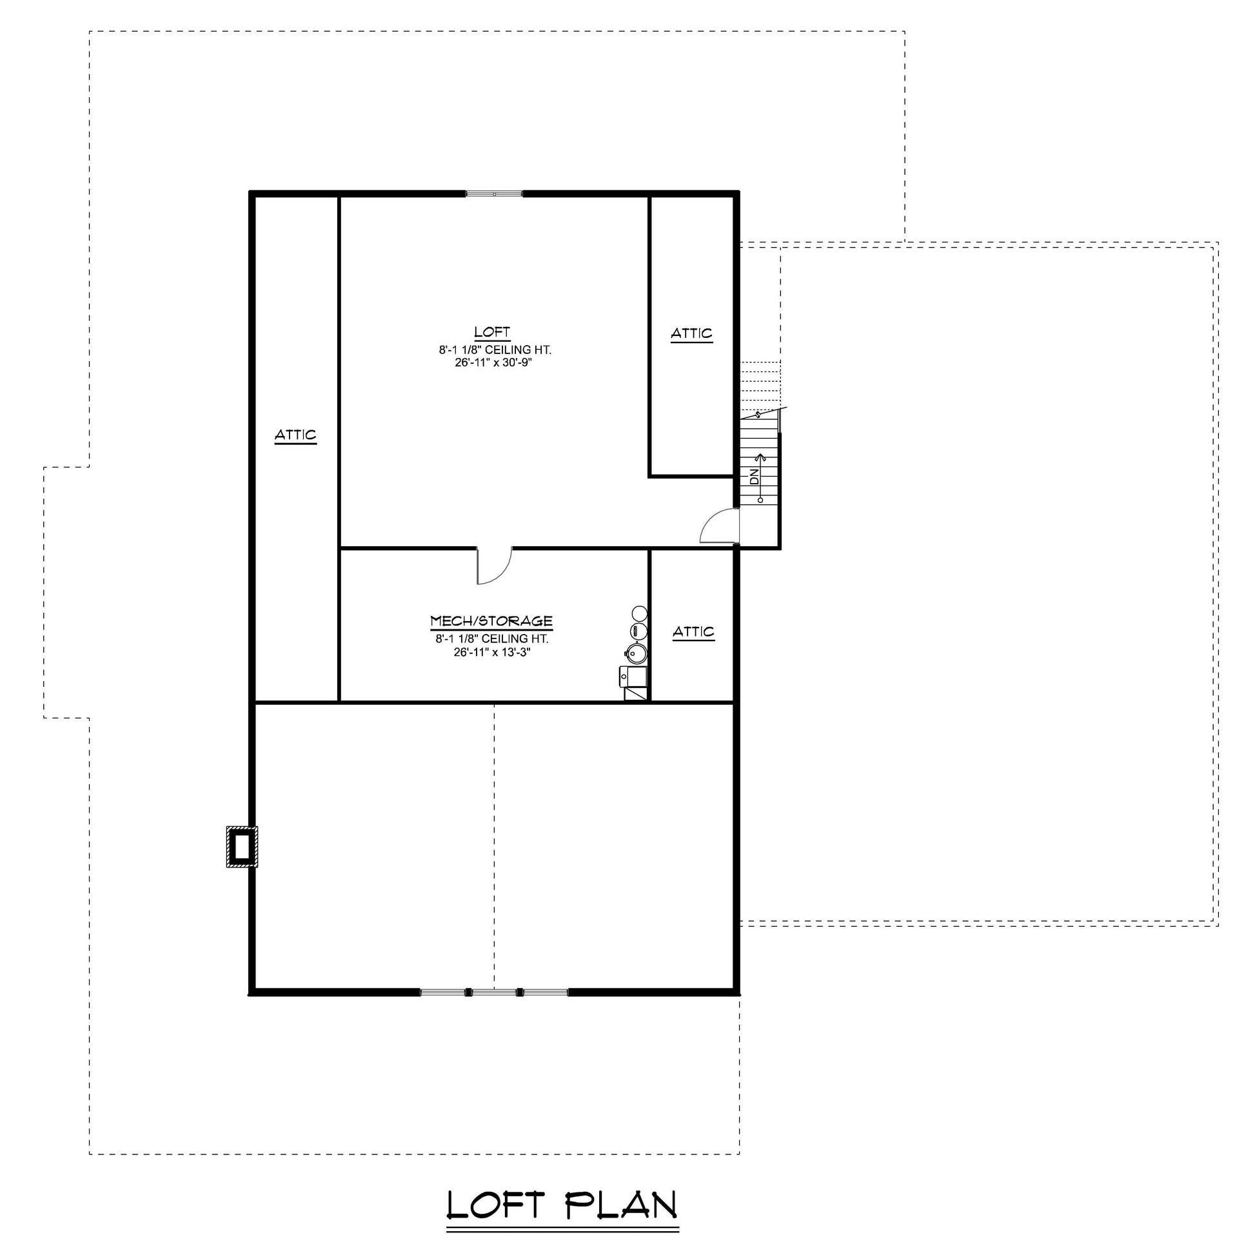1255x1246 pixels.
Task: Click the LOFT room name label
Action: (x=491, y=332)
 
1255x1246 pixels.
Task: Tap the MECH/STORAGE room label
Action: (x=491, y=621)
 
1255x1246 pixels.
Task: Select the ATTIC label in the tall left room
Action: (x=295, y=435)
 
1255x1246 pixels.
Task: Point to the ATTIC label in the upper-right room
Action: (x=692, y=333)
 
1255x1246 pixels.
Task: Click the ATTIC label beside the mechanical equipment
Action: (x=694, y=631)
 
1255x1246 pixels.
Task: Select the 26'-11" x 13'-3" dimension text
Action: (x=492, y=652)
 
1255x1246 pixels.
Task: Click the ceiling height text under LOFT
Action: (x=495, y=350)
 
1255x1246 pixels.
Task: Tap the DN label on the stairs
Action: (x=754, y=477)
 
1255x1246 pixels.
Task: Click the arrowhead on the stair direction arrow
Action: (x=760, y=457)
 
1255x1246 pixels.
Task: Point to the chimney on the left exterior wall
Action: (x=242, y=847)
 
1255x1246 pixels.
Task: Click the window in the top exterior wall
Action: (x=495, y=194)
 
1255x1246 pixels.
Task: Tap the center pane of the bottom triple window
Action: (x=494, y=992)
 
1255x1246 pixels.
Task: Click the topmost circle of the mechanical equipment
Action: (x=639, y=613)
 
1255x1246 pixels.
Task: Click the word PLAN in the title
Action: (x=622, y=1205)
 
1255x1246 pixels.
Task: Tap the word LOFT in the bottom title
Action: (x=497, y=1205)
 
